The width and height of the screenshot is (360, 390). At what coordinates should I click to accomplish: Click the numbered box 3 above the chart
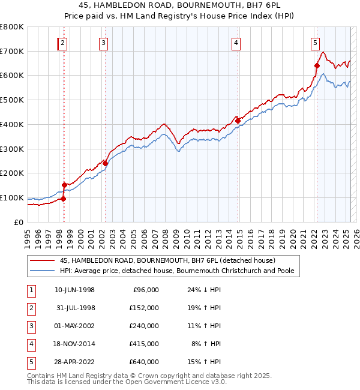pyautogui.click(x=104, y=43)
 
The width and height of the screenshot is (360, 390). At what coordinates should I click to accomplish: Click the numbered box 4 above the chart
pyautogui.click(x=236, y=43)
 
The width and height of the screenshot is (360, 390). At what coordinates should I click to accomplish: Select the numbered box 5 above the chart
pyautogui.click(x=315, y=43)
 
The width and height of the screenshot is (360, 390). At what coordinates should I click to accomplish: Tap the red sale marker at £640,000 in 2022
pyautogui.click(x=317, y=66)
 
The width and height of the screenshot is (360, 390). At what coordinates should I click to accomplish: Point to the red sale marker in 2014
pyautogui.click(x=238, y=121)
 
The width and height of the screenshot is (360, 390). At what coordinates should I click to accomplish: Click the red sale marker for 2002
pyautogui.click(x=105, y=163)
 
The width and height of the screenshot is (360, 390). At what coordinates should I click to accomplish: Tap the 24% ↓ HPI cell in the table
pyautogui.click(x=203, y=290)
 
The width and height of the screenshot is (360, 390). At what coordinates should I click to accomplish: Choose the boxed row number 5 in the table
pyautogui.click(x=29, y=362)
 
